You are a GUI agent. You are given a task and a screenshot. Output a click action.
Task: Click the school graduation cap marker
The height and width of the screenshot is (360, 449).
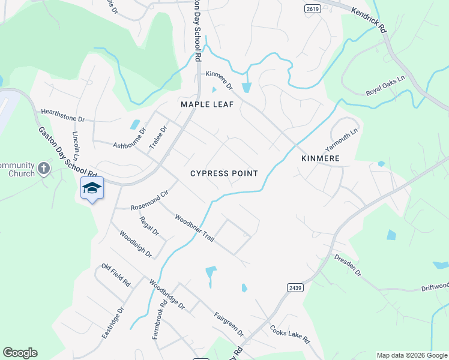pos(92,188)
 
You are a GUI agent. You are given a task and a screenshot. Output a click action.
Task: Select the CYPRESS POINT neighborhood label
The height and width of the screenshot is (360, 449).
pos(224,173)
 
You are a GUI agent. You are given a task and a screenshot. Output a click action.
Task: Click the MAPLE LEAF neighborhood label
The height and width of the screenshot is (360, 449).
pos(207,104)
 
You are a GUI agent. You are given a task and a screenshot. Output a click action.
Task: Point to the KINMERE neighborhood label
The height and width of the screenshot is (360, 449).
pos(321,158)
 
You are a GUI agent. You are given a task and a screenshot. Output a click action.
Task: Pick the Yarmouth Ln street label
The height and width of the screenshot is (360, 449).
pos(341,140)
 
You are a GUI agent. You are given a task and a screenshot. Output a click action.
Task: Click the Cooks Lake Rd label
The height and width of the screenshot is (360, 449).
pos(289,334)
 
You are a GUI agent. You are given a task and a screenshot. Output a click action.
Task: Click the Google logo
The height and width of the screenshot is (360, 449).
pos(20,353)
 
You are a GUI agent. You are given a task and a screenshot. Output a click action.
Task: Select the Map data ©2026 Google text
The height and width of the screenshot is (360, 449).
pos(411,355)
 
